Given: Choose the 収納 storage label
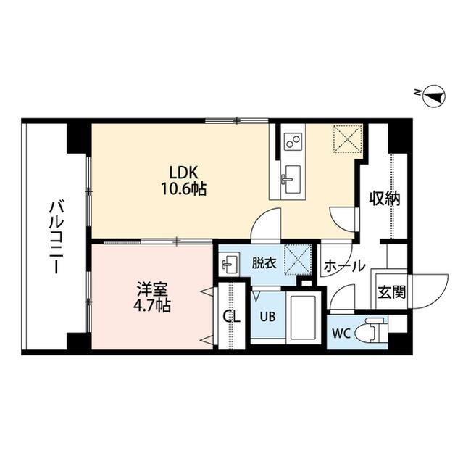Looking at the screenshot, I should [x=384, y=198].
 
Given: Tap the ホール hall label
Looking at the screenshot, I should [x=344, y=267].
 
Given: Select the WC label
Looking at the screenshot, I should [x=342, y=333].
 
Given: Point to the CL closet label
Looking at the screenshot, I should [x=231, y=316].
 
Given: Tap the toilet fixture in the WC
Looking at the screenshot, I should [x=372, y=331].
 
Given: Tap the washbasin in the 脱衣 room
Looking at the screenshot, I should [x=230, y=262].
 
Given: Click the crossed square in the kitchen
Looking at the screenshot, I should [x=347, y=138].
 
